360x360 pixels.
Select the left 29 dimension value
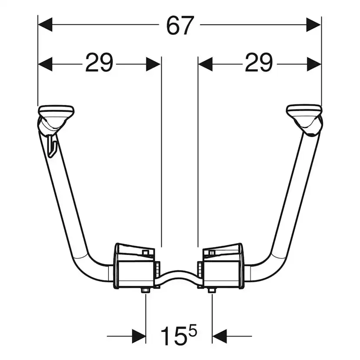tap(99, 63)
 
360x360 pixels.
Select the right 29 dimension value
tap(259, 63)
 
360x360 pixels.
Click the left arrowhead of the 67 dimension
tap(45, 25)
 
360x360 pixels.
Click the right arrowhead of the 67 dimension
tap(313, 25)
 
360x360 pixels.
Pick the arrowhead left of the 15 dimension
tap(139, 337)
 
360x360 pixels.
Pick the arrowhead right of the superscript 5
tap(220, 337)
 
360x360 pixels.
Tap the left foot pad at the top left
tap(56, 111)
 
